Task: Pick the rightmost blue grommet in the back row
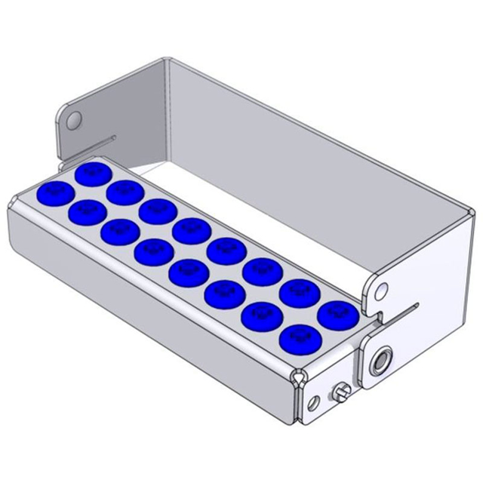334,312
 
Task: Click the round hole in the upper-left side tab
74,120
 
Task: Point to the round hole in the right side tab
382,288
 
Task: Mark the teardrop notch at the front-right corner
300,374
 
